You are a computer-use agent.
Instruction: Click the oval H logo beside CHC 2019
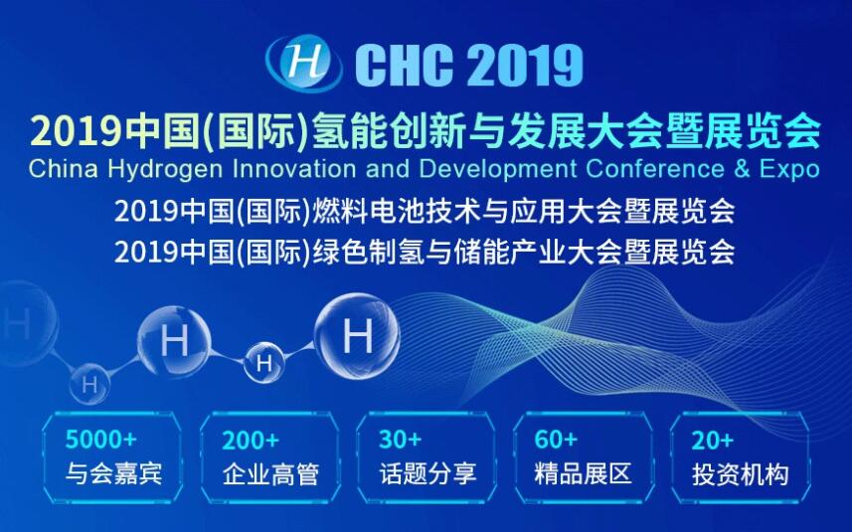[303, 63]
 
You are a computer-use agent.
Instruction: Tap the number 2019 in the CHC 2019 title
[525, 65]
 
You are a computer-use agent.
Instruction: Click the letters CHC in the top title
[405, 65]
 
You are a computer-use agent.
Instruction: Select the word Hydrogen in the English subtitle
[165, 170]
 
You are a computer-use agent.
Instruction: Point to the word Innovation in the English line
[294, 168]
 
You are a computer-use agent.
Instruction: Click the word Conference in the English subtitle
[655, 168]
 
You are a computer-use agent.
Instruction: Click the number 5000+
[101, 439]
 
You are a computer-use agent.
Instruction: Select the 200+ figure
[251, 440]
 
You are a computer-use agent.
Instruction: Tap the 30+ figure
[400, 439]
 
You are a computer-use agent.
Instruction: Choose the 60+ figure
[556, 439]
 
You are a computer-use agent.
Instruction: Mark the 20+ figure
[713, 440]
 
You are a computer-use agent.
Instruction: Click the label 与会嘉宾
[113, 472]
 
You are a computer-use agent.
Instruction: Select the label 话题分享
[427, 472]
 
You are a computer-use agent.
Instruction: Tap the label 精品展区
[583, 472]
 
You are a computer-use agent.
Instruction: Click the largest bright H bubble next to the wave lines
[358, 336]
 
